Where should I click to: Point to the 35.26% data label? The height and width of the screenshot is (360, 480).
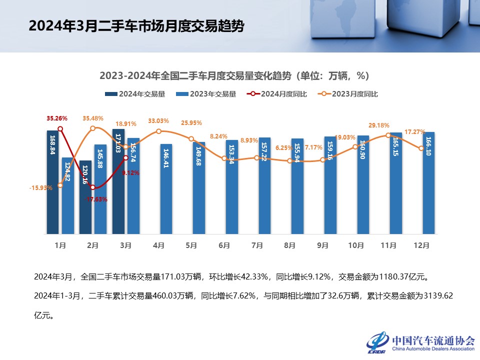(57, 119)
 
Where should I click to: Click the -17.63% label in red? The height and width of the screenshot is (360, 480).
(97, 199)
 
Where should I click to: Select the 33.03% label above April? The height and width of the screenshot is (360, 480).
(159, 121)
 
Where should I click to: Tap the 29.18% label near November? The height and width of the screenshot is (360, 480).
(378, 125)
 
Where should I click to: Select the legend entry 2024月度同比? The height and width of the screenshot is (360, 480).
(277, 94)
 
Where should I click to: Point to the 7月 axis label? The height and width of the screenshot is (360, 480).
(257, 245)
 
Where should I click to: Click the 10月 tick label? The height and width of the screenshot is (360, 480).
(355, 245)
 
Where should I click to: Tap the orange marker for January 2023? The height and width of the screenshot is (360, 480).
(60, 185)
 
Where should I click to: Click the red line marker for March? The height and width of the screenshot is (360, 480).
(126, 158)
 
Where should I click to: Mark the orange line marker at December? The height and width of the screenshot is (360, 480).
(421, 148)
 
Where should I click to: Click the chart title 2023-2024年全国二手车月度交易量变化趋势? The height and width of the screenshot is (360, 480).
(234, 76)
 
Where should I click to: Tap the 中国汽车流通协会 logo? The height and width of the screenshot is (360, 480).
(420, 342)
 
